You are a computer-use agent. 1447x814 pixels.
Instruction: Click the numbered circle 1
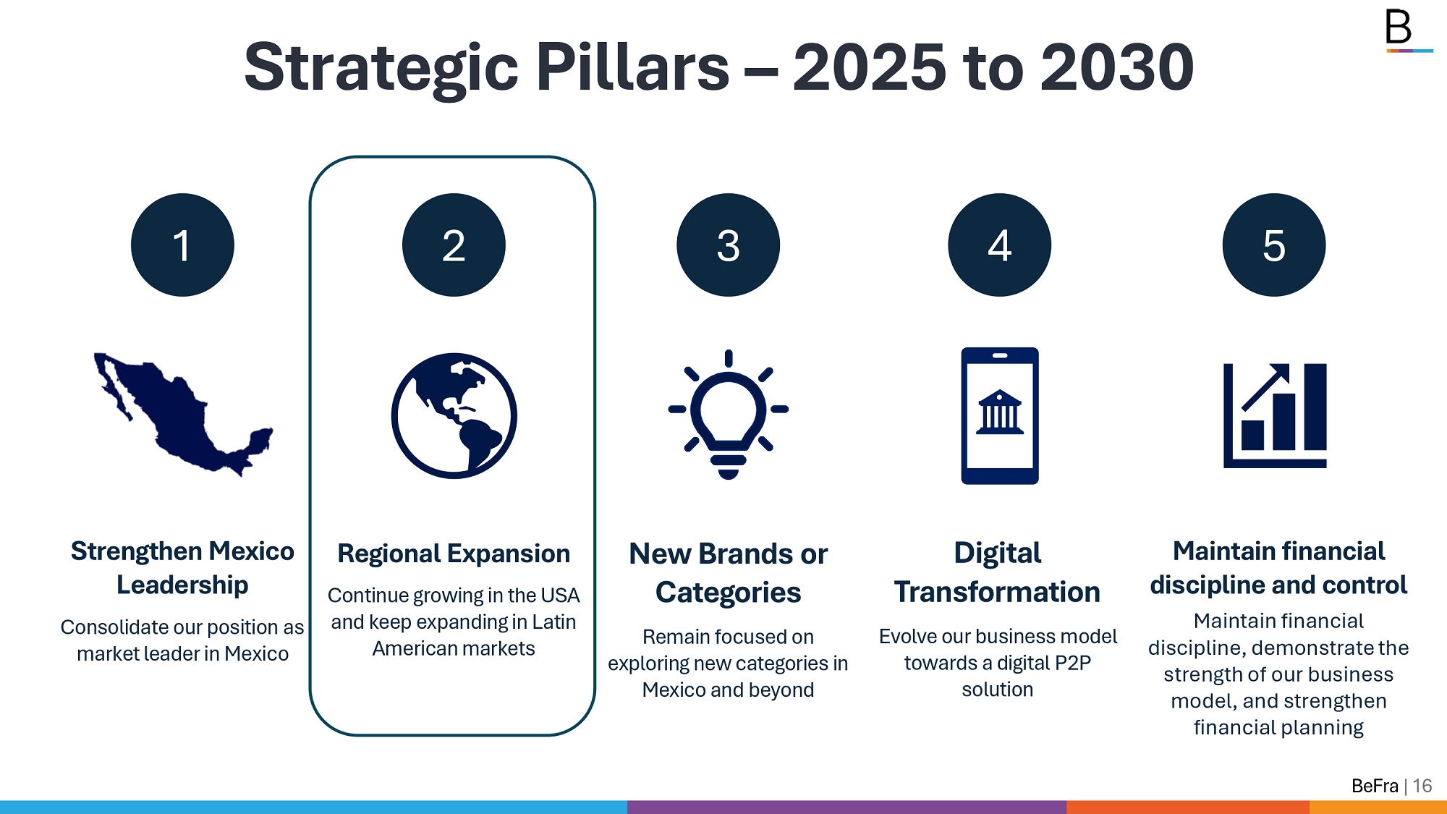[x=182, y=245]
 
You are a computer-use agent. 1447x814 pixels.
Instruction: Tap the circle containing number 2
[x=454, y=245]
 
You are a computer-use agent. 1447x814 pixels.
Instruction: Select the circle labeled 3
[x=728, y=245]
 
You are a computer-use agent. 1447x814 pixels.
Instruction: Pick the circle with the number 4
[x=999, y=245]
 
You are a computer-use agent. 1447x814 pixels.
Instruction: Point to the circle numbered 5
[x=1273, y=245]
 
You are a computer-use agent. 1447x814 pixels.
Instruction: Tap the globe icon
[x=454, y=415]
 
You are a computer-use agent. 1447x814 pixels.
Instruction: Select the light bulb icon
[x=728, y=415]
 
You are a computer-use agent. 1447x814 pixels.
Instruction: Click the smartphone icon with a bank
[x=999, y=415]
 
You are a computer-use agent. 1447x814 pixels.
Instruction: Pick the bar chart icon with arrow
[x=1274, y=415]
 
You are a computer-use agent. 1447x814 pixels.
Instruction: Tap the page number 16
[x=1422, y=786]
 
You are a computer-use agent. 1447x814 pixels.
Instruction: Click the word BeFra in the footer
[x=1375, y=786]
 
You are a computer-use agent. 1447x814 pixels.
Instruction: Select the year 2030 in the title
[x=1117, y=67]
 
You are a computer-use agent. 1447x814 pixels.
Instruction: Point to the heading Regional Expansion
[x=454, y=554]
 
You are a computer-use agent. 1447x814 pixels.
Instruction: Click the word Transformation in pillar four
[x=997, y=592]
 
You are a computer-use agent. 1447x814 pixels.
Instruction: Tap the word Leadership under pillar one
[x=182, y=585]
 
